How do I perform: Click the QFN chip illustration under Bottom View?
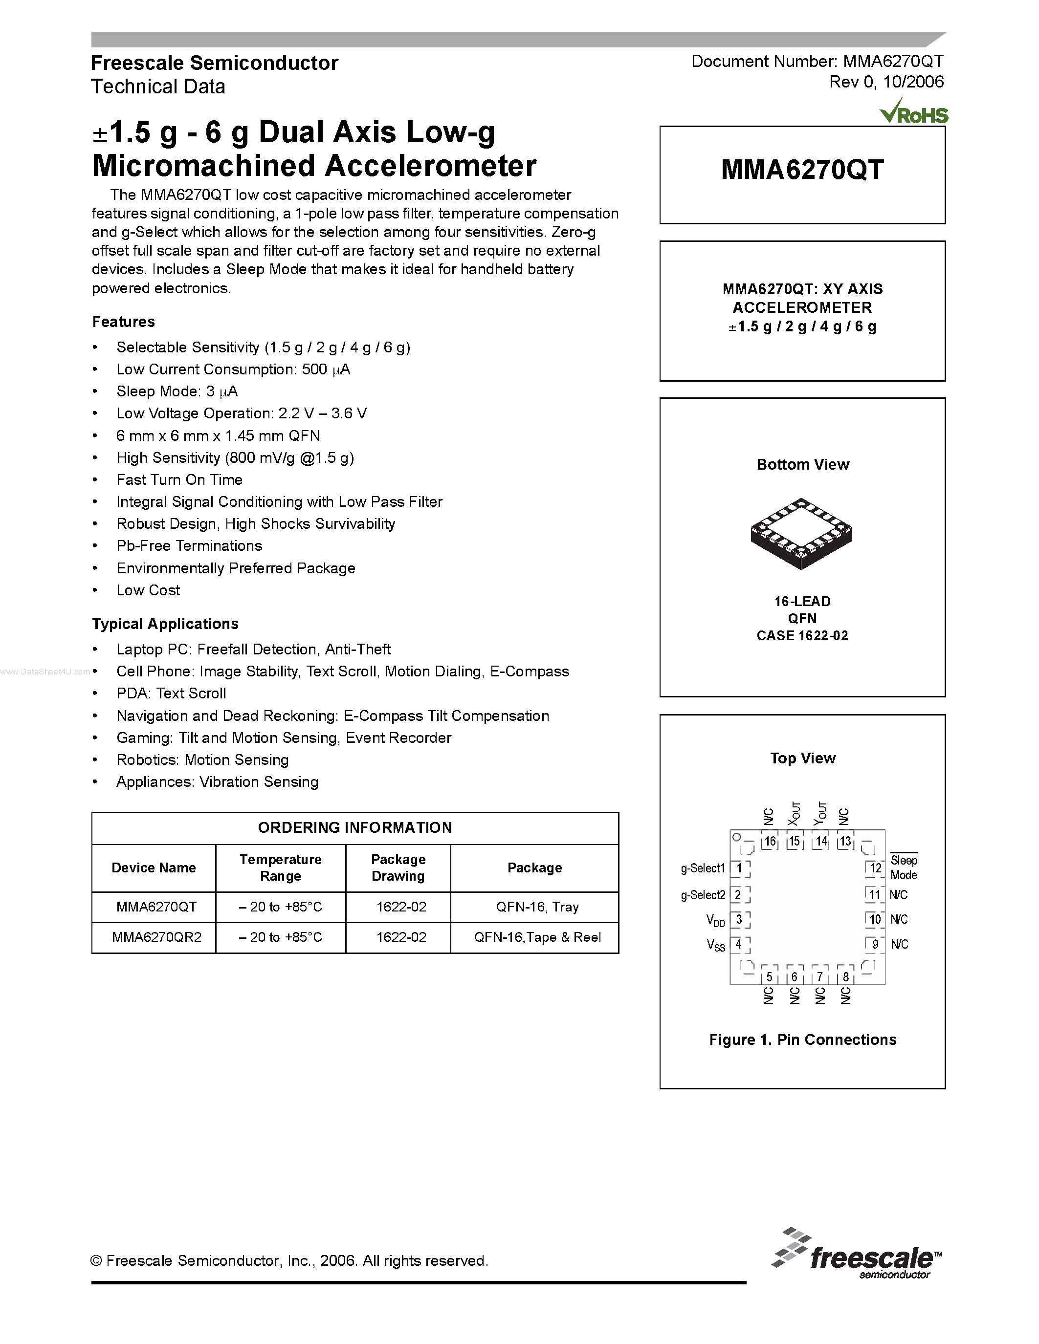coord(801,532)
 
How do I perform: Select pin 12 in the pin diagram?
coord(875,868)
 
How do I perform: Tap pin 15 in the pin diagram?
coord(795,841)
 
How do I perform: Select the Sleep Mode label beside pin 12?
coord(904,867)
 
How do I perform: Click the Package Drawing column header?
coord(398,867)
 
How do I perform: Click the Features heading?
coord(124,322)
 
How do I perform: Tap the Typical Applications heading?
coord(165,624)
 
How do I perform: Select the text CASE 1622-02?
coord(802,636)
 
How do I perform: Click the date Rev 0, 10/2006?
coord(886,82)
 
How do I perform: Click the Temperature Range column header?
coord(281,867)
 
